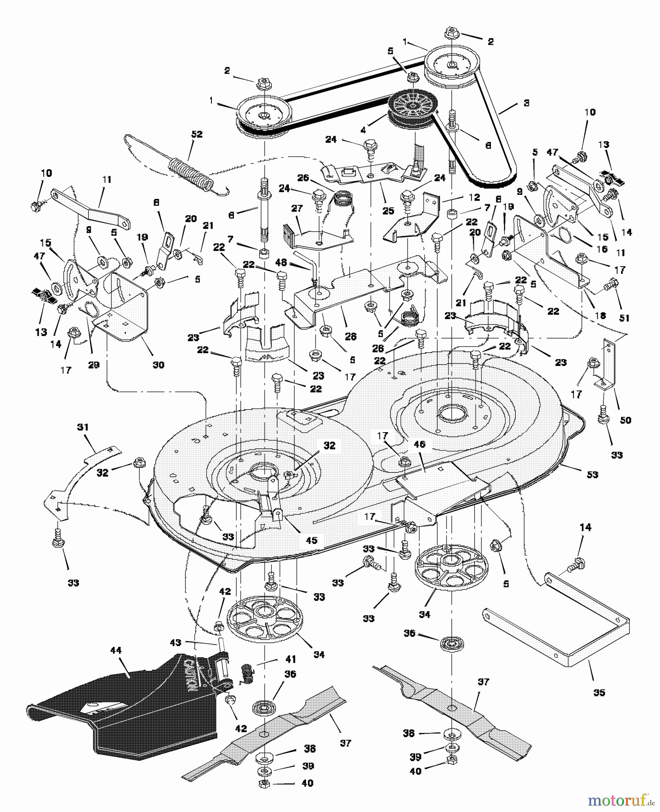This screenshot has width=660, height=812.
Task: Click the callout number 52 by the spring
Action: pyautogui.click(x=197, y=134)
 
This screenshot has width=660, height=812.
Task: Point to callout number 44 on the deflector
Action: pyautogui.click(x=116, y=651)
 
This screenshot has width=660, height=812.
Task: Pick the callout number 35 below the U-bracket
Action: pyautogui.click(x=599, y=692)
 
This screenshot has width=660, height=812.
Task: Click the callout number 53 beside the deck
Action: pyautogui.click(x=592, y=475)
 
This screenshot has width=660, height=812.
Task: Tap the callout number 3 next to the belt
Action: pyautogui.click(x=526, y=103)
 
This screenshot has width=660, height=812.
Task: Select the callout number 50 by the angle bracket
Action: pyautogui.click(x=625, y=420)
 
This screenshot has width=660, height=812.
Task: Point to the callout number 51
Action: pyautogui.click(x=623, y=318)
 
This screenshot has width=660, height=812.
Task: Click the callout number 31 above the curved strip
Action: pyautogui.click(x=83, y=427)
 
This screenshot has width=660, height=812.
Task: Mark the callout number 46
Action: pyautogui.click(x=419, y=445)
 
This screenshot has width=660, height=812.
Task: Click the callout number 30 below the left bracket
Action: pyautogui.click(x=158, y=364)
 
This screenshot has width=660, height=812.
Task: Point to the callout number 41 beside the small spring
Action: pyautogui.click(x=291, y=660)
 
